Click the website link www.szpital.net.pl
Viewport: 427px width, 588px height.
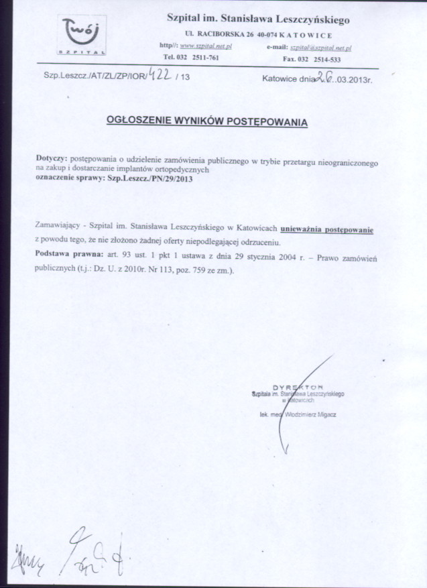pyautogui.click(x=206, y=48)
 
